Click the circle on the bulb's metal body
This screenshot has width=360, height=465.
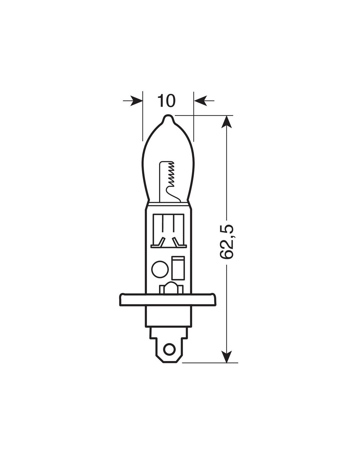click(160, 269)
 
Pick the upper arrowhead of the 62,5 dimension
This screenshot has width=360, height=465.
click(226, 122)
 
